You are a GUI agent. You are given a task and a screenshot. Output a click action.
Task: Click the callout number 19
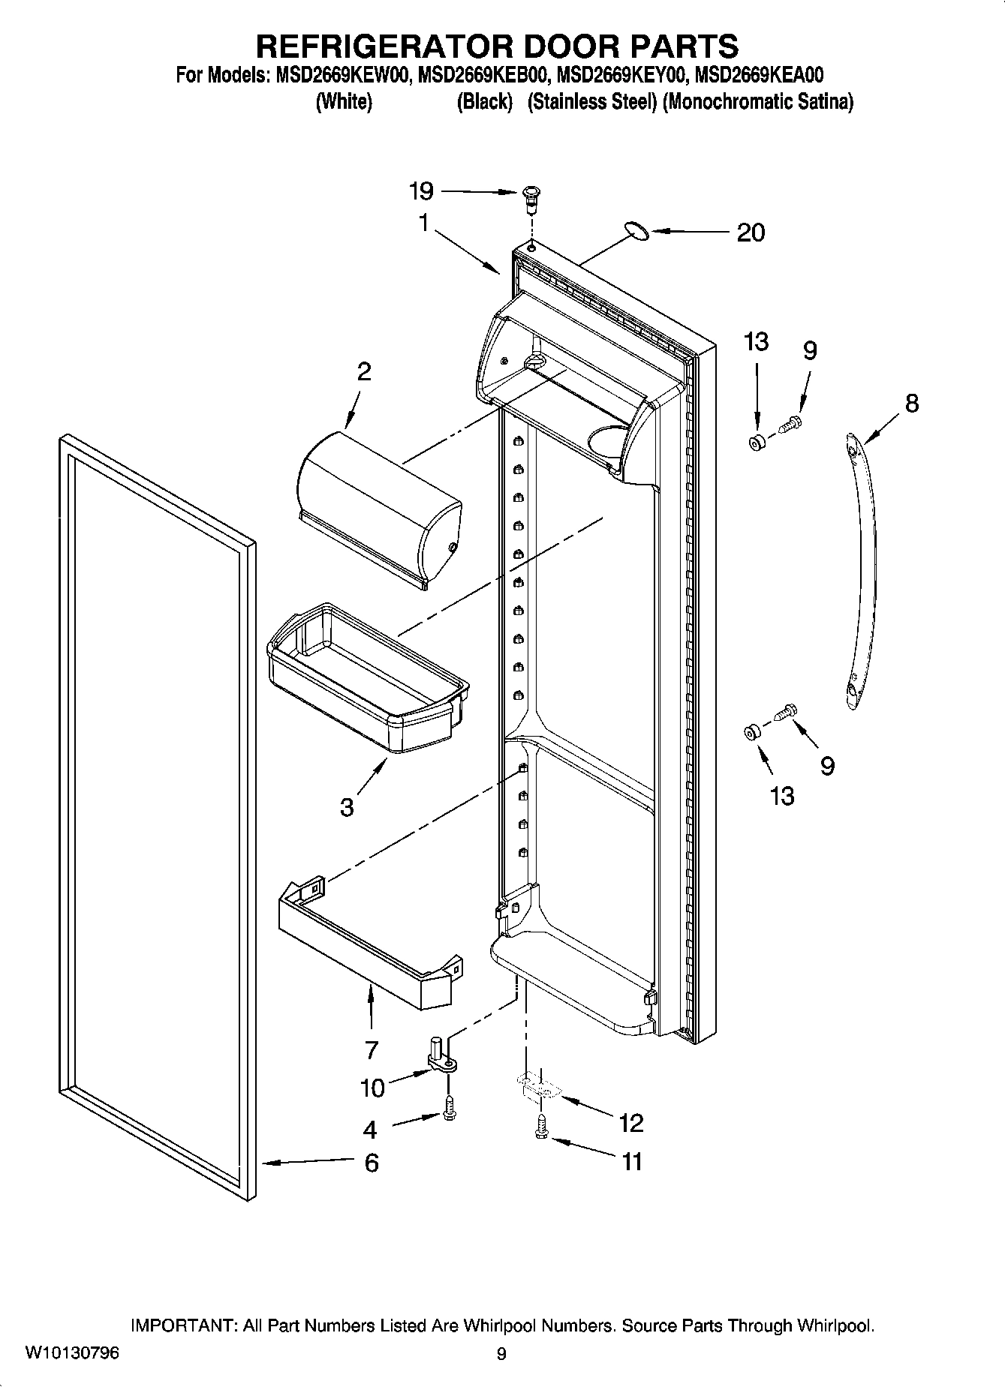421,191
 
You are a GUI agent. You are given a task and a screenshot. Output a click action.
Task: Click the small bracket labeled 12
537,1087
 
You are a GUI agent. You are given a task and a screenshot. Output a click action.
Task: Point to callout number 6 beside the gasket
371,1163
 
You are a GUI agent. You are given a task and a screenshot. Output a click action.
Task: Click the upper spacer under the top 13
756,443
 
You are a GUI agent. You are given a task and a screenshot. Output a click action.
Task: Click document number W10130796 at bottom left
72,1353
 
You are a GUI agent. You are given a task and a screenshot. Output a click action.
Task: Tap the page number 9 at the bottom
501,1354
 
